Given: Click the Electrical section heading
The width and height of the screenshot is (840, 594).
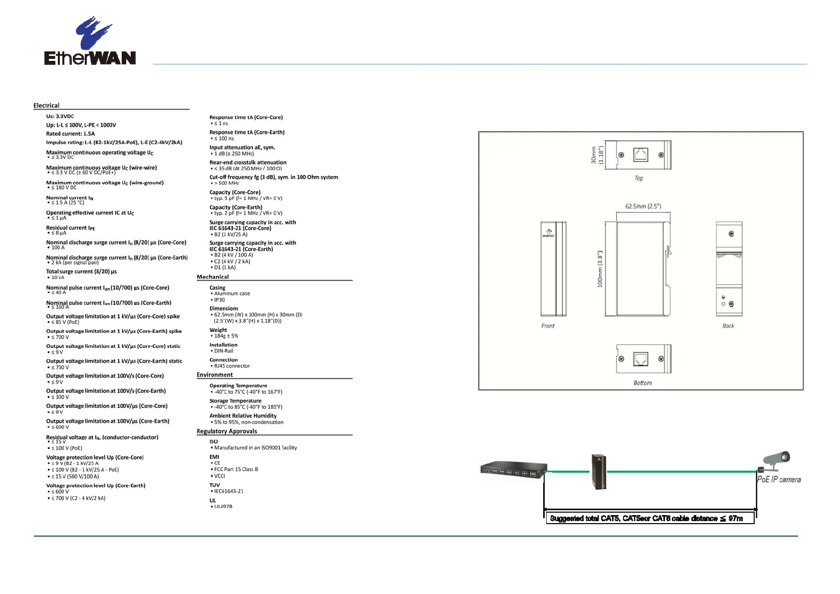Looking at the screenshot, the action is (x=46, y=105).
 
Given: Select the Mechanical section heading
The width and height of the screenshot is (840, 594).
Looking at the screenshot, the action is (x=212, y=277).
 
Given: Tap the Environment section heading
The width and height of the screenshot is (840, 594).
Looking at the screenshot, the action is (x=214, y=375).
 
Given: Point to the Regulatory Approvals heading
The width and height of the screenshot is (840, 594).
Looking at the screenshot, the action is (x=227, y=431).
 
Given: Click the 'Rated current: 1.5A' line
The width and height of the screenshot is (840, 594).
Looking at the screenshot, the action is (x=70, y=134).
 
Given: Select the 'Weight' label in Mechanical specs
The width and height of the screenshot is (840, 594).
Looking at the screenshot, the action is (x=218, y=330).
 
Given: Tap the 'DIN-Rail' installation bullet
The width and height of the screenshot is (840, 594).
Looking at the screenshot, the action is (x=223, y=351).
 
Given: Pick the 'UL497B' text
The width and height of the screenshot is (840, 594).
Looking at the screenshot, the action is (x=223, y=507).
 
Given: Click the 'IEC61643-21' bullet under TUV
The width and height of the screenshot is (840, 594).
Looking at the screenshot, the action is (x=228, y=491).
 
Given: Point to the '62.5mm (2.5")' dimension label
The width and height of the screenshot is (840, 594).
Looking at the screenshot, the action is (x=643, y=206).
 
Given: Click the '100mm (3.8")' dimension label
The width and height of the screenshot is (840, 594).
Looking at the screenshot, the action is (x=600, y=269).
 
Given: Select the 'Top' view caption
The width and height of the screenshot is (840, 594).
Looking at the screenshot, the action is (x=638, y=178).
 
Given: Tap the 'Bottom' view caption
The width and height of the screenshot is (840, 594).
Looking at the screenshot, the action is (x=642, y=383).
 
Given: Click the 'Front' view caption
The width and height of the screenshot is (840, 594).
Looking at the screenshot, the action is (x=548, y=326).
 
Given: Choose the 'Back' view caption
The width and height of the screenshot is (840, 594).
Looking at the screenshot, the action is (x=728, y=326).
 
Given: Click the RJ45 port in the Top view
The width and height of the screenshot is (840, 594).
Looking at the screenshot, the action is (x=640, y=155).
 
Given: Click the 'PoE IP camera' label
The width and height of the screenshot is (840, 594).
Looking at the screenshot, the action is (x=779, y=480).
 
